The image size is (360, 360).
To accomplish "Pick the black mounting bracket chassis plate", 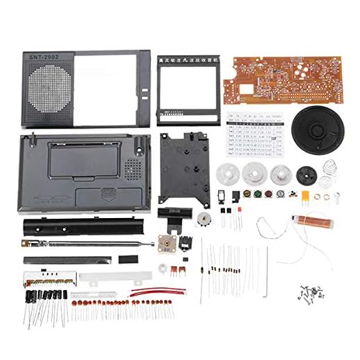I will [x=183, y=162].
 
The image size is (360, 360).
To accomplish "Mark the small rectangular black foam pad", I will [x=127, y=260].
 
